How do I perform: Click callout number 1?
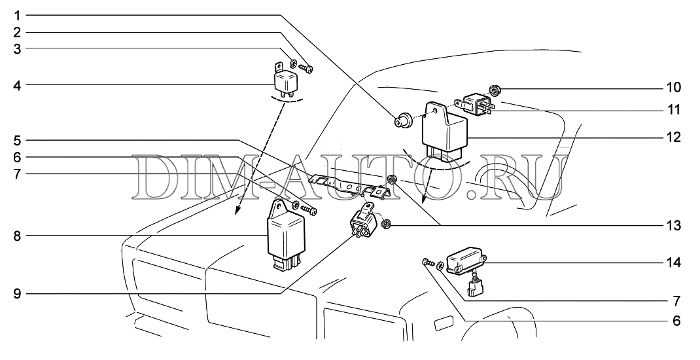18,14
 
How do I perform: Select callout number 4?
18,84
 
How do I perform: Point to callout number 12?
674,138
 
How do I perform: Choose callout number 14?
674,263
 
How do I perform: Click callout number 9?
18,294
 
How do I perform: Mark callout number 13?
674,226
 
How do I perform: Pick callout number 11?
674,110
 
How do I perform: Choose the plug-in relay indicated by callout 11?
476,104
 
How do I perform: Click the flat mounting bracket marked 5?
350,185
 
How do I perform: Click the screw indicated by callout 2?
306,67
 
